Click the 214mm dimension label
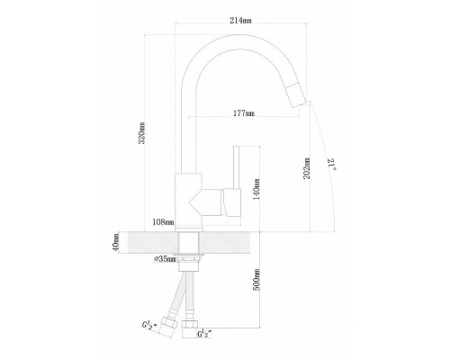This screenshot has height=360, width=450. [x=240, y=21]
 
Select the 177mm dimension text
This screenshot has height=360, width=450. [x=244, y=113]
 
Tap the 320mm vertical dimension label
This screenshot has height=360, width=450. [x=141, y=133]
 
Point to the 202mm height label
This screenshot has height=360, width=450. [x=307, y=168]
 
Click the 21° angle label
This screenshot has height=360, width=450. [x=332, y=165]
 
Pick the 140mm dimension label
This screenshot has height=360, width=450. [x=256, y=190]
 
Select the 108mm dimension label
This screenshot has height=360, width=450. [x=163, y=222]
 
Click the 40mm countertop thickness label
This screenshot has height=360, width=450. [x=116, y=242]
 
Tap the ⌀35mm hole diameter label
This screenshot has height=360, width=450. [x=165, y=259]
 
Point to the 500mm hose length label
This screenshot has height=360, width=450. [x=256, y=280]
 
